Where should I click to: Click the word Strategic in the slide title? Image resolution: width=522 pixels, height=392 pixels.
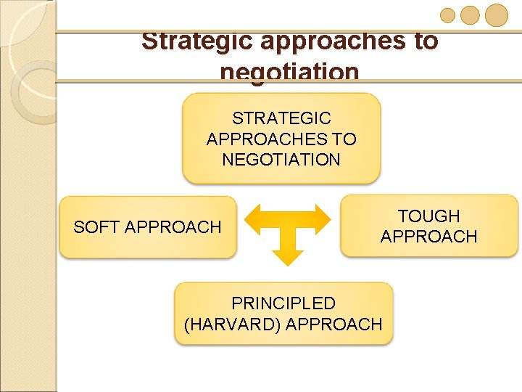(196, 41)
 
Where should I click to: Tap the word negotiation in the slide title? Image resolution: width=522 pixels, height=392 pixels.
(289, 72)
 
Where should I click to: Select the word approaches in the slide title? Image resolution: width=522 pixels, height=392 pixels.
(333, 41)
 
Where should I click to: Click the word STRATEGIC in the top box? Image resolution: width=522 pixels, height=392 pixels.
(281, 118)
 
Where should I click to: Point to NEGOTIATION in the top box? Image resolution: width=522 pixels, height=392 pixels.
(281, 159)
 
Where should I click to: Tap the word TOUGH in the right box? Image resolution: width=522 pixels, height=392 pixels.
(428, 216)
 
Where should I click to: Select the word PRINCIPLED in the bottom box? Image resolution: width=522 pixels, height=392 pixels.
(283, 303)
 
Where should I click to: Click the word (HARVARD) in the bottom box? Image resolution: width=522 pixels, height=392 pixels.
(233, 324)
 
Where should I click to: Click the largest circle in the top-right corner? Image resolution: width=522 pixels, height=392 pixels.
(497, 15)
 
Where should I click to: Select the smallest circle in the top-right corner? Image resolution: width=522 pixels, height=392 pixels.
(448, 15)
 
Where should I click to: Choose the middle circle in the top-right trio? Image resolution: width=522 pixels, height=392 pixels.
(471, 15)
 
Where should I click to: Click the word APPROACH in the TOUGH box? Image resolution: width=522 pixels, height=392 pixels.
(428, 237)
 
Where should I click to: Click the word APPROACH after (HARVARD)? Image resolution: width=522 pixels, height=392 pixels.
(333, 324)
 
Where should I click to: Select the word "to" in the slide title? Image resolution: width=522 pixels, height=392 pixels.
(426, 41)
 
